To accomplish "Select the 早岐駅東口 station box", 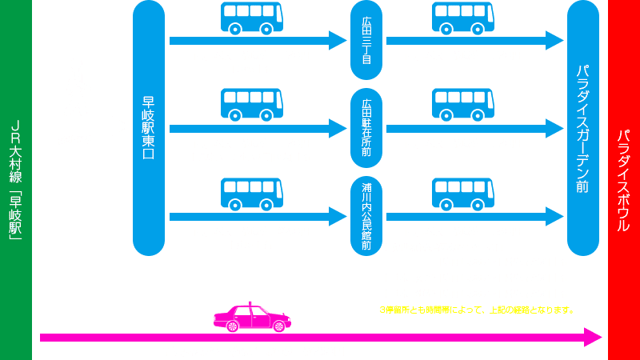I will [x=148, y=128].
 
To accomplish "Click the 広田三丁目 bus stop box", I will [x=366, y=41].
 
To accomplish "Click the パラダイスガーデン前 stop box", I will [x=583, y=128].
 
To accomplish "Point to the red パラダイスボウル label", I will [x=624, y=180].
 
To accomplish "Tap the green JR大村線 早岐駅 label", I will [x=15, y=180].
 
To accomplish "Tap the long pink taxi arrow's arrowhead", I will [x=594, y=337].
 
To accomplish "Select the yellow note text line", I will [x=477, y=310].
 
